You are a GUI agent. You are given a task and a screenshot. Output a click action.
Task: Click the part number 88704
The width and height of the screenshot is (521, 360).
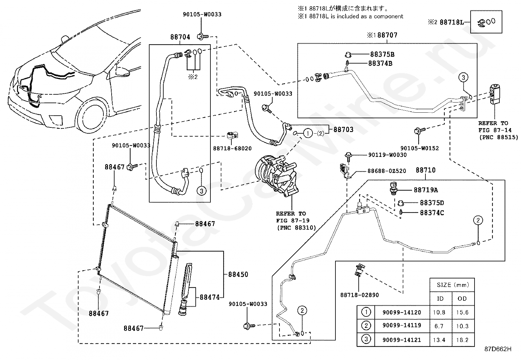(180, 37)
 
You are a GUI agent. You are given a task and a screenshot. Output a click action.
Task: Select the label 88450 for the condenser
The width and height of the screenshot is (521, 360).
(238, 274)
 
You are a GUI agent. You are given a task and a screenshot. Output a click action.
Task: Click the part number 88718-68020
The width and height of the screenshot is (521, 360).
(232, 148)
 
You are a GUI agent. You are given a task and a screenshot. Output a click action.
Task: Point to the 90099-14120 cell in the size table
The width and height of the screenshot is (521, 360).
(402, 312)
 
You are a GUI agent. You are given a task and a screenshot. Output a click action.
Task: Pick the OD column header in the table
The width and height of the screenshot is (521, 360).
(462, 298)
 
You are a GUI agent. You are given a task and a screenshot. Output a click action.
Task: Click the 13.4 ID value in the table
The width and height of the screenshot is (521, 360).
(439, 340)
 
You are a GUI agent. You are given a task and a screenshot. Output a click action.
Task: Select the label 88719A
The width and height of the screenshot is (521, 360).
(426, 190)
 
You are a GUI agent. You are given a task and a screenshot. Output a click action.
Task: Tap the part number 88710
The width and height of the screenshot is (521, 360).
(426, 170)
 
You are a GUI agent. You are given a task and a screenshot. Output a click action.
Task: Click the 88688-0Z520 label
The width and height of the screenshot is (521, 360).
(387, 171)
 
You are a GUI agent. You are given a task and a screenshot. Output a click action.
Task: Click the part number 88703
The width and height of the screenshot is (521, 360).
(344, 129)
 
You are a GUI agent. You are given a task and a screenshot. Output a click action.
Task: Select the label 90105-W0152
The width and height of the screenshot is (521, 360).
(420, 148)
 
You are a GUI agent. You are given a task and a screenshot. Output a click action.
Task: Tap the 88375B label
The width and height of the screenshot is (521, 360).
(382, 54)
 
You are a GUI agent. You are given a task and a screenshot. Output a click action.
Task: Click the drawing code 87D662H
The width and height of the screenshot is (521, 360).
(498, 349)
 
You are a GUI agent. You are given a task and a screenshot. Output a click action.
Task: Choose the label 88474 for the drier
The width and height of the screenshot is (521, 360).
(209, 297)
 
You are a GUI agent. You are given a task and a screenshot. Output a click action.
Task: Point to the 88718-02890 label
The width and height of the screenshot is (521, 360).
(360, 295)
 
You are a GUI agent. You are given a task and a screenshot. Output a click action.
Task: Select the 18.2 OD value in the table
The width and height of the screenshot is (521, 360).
(462, 340)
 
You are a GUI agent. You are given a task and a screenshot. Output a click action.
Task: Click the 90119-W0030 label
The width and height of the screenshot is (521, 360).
(387, 155)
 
